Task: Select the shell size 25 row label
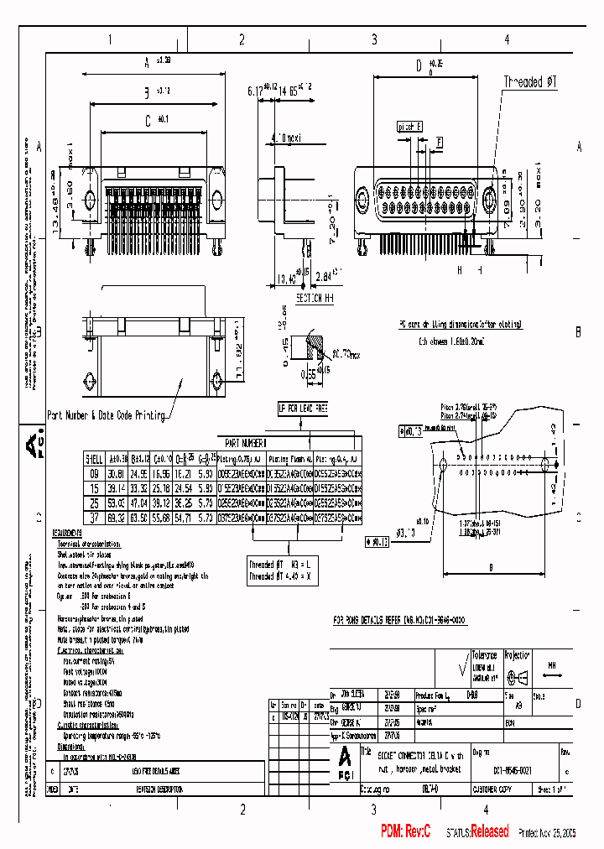[94, 503]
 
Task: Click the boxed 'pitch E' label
[409, 126]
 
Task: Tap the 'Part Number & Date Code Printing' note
[107, 414]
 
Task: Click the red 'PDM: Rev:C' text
[406, 831]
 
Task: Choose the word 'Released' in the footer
[488, 831]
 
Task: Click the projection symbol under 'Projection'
[519, 678]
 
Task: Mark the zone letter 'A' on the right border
[579, 145]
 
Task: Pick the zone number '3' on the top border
[374, 39]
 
